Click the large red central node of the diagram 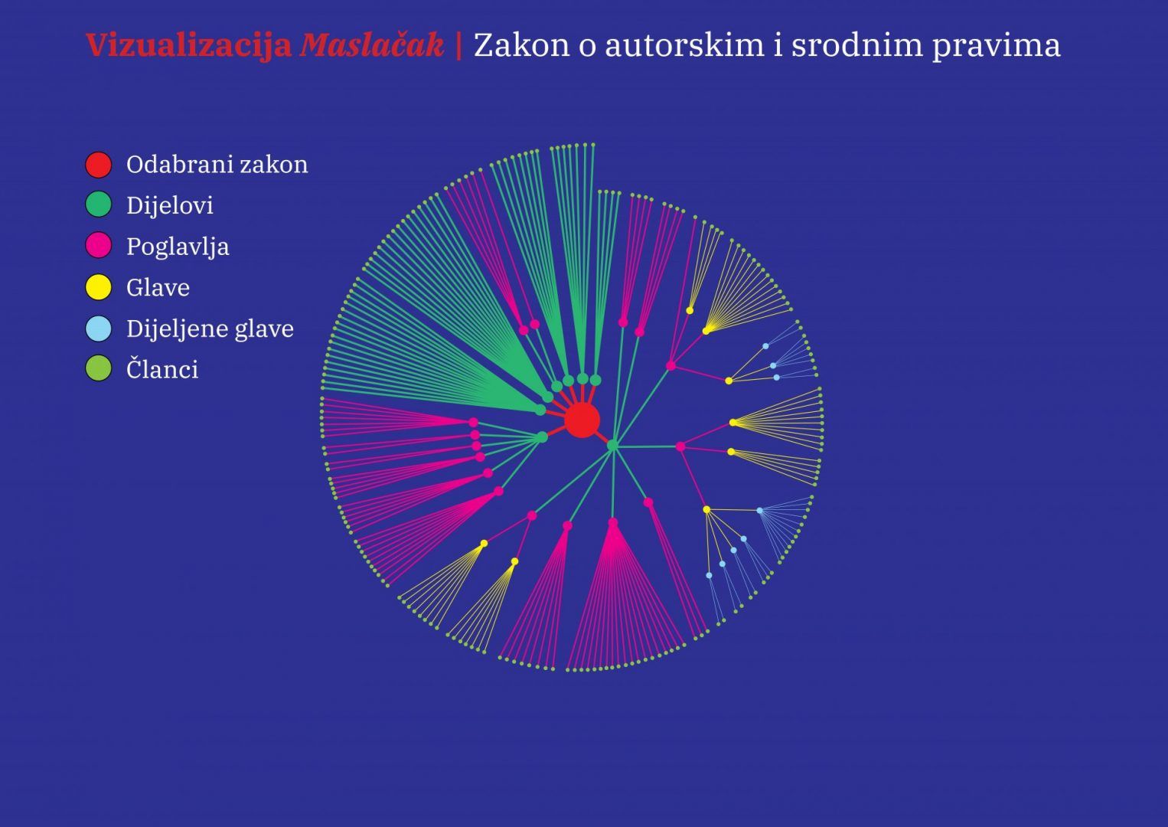click(582, 420)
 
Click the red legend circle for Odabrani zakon click(99, 165)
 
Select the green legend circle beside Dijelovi click(99, 204)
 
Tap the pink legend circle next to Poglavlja click(99, 245)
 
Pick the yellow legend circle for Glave click(99, 287)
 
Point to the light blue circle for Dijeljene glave click(99, 329)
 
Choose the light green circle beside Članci click(99, 368)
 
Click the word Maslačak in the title click(372, 45)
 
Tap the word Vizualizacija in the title click(189, 46)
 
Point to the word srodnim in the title click(856, 46)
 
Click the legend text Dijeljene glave click(210, 329)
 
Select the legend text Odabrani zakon click(217, 165)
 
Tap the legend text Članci click(162, 369)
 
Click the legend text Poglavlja click(178, 247)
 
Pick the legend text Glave click(158, 287)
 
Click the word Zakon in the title click(522, 46)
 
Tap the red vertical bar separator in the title click(459, 46)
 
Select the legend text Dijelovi click(169, 205)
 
